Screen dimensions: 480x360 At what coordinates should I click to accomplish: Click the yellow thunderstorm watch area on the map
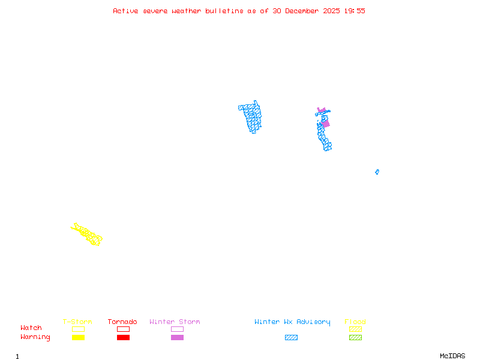tap(88, 234)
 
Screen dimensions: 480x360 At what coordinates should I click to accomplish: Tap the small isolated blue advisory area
tap(377, 172)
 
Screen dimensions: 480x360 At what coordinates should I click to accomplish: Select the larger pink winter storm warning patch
tap(325, 124)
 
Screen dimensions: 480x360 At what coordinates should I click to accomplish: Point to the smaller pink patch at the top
tap(322, 110)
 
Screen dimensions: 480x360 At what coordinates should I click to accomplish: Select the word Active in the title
tap(126, 11)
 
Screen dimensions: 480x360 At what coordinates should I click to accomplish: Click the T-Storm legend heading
tap(77, 322)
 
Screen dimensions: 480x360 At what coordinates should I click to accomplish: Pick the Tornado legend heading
tap(122, 322)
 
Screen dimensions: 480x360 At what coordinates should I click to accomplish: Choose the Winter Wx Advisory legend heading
tap(292, 322)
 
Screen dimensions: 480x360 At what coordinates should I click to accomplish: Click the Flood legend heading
tap(355, 322)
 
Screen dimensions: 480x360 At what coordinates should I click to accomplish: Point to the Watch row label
tap(31, 328)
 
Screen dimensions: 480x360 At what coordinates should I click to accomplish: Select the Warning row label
tap(35, 337)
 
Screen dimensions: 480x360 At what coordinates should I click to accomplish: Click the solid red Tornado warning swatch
tap(123, 337)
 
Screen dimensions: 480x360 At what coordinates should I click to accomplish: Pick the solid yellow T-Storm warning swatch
tap(78, 337)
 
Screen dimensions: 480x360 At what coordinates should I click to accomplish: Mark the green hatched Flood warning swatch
tap(355, 337)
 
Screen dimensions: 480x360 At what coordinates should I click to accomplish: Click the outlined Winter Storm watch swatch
tap(177, 329)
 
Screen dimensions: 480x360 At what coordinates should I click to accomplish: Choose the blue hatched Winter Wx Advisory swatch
tap(291, 337)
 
